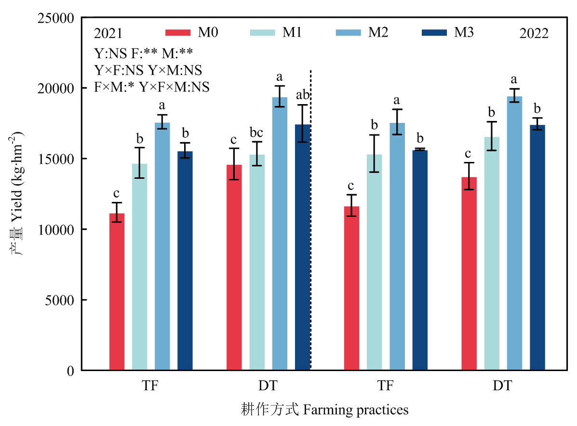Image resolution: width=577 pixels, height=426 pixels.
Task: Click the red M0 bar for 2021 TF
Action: pyautogui.click(x=117, y=292)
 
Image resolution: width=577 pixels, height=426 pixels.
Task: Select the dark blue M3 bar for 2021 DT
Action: pyautogui.click(x=302, y=247)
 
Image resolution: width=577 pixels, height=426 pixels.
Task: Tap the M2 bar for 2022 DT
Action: pyautogui.click(x=514, y=233)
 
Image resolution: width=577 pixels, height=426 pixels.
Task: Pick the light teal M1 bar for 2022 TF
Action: pyautogui.click(x=374, y=262)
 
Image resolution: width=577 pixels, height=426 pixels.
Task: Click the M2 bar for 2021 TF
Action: pyautogui.click(x=162, y=246)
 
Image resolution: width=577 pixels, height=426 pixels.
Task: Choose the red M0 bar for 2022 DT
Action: pyautogui.click(x=469, y=274)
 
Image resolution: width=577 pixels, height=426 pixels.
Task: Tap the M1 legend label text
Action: pyautogui.click(x=292, y=32)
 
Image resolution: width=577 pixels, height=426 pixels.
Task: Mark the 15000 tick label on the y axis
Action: pyautogui.click(x=57, y=159)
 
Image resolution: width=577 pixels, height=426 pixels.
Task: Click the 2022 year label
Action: pyautogui.click(x=534, y=34)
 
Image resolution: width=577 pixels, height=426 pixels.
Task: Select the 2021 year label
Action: pyautogui.click(x=108, y=34)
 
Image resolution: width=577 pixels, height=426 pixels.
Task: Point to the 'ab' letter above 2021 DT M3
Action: pyautogui.click(x=302, y=95)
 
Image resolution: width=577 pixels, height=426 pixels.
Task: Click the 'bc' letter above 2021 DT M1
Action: pyautogui.click(x=256, y=132)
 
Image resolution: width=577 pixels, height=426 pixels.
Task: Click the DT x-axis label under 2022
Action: pyautogui.click(x=502, y=386)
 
